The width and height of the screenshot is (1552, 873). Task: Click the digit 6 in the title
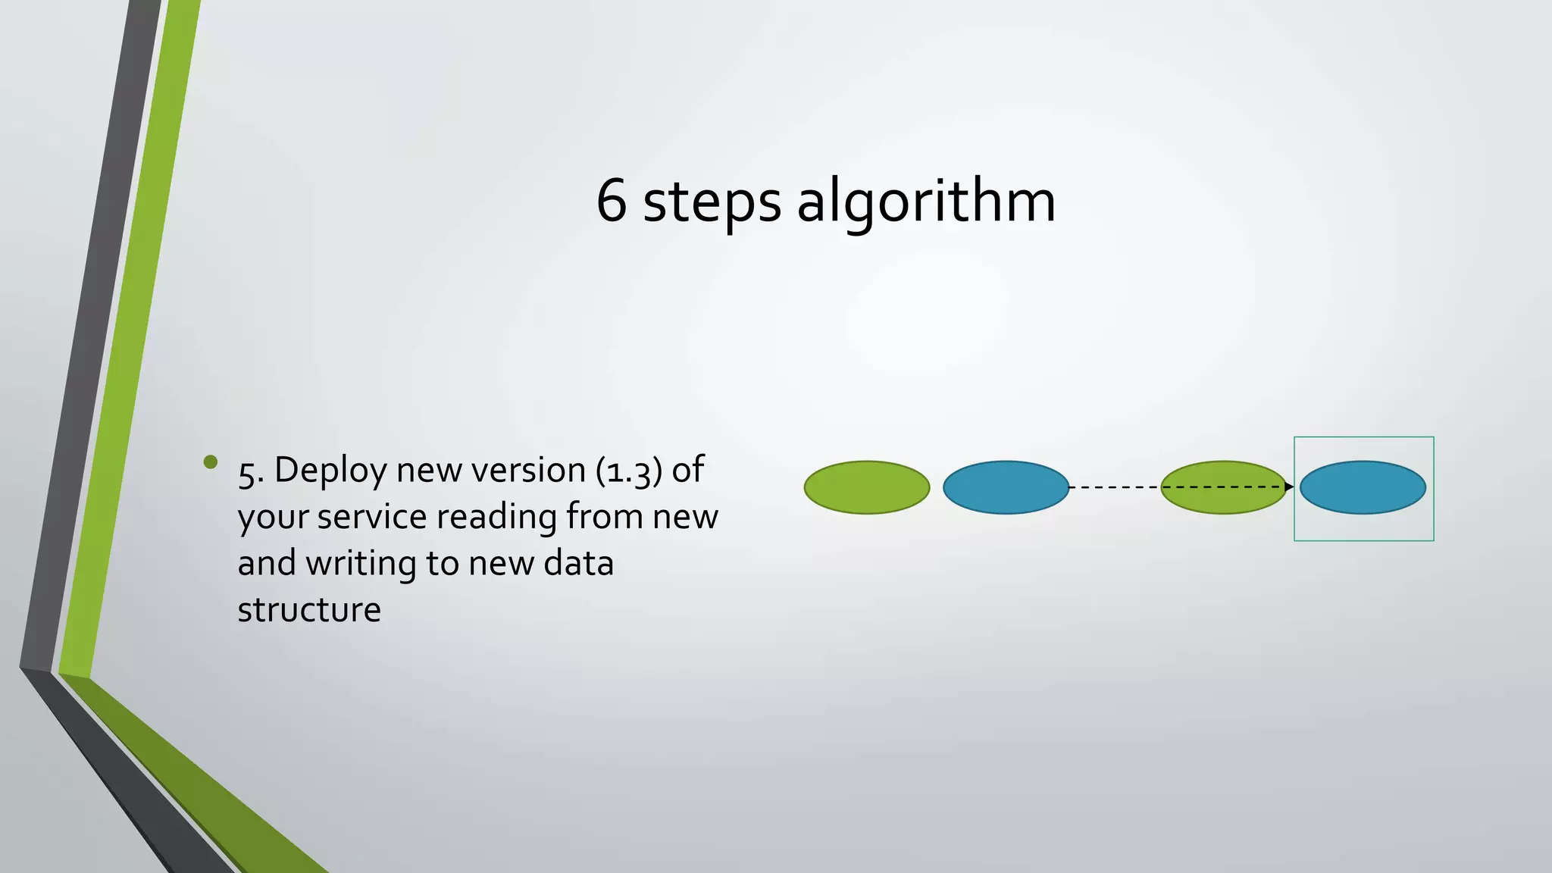pyautogui.click(x=612, y=201)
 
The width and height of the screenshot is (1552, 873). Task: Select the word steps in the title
pyautogui.click(x=712, y=203)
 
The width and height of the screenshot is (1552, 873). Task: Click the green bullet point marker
pyautogui.click(x=211, y=462)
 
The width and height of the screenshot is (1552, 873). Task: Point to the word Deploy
pyautogui.click(x=330, y=471)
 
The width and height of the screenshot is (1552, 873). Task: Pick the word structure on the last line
pyautogui.click(x=309, y=609)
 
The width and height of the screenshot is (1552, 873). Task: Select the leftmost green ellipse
pyautogui.click(x=866, y=487)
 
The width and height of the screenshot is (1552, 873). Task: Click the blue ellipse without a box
pyautogui.click(x=1006, y=487)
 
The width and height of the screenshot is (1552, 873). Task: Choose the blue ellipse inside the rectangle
pyautogui.click(x=1363, y=487)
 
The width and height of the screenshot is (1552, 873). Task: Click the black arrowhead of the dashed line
pyautogui.click(x=1289, y=487)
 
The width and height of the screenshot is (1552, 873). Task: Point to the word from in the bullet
pyautogui.click(x=604, y=517)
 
